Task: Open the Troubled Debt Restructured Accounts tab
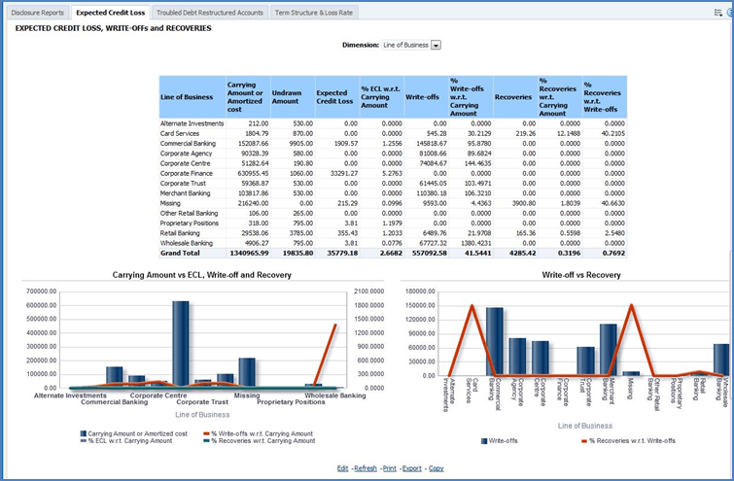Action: point(209,13)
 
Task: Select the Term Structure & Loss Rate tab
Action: point(313,13)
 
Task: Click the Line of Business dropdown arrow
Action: point(436,45)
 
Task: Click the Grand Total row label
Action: point(181,253)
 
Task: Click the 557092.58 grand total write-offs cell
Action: point(427,253)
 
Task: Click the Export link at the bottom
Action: point(412,467)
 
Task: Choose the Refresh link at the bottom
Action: point(366,467)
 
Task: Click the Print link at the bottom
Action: point(390,467)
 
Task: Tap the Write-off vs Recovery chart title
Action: point(562,275)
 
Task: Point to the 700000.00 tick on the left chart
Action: point(57,291)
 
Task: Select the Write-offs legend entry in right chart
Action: point(501,440)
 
